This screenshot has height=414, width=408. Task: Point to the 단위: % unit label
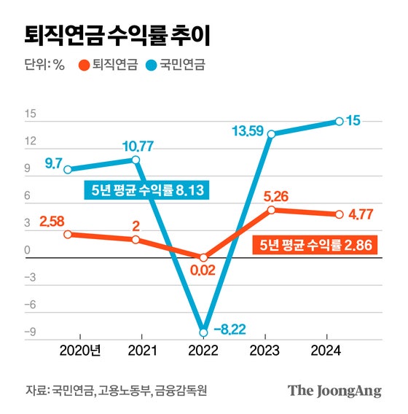point(44,65)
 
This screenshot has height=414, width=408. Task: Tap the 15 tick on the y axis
point(30,114)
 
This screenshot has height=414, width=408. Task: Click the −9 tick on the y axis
point(30,332)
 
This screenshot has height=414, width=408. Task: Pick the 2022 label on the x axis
point(203,351)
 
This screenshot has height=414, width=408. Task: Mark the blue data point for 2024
point(340,121)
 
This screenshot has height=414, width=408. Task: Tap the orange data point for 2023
point(271,210)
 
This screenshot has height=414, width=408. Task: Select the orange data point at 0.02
point(203,257)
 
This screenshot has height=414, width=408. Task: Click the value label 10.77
point(136,144)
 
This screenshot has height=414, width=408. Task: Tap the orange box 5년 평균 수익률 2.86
point(316,246)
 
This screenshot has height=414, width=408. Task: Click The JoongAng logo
point(334,391)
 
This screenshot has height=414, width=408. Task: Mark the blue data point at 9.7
point(68,170)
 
